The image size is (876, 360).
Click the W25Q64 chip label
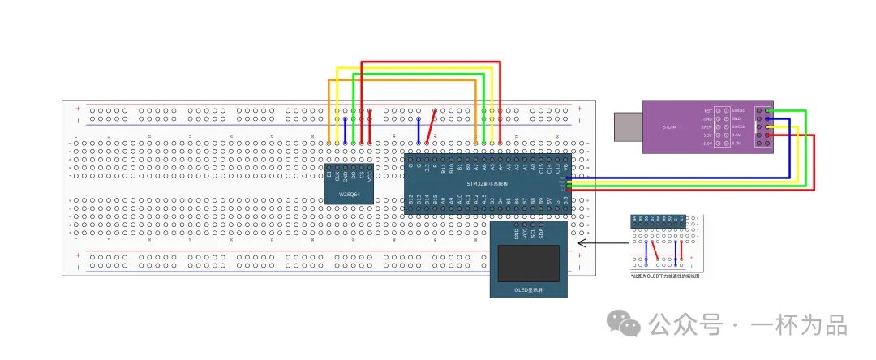(350, 195)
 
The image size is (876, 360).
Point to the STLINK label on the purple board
(670, 126)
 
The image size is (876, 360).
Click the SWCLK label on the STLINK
(738, 126)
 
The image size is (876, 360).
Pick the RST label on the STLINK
(708, 110)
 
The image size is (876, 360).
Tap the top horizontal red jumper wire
(431, 62)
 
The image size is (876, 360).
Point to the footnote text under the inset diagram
(665, 276)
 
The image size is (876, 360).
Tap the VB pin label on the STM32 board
(565, 169)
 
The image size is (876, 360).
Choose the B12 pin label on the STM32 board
(411, 198)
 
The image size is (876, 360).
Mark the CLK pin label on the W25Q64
(337, 174)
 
